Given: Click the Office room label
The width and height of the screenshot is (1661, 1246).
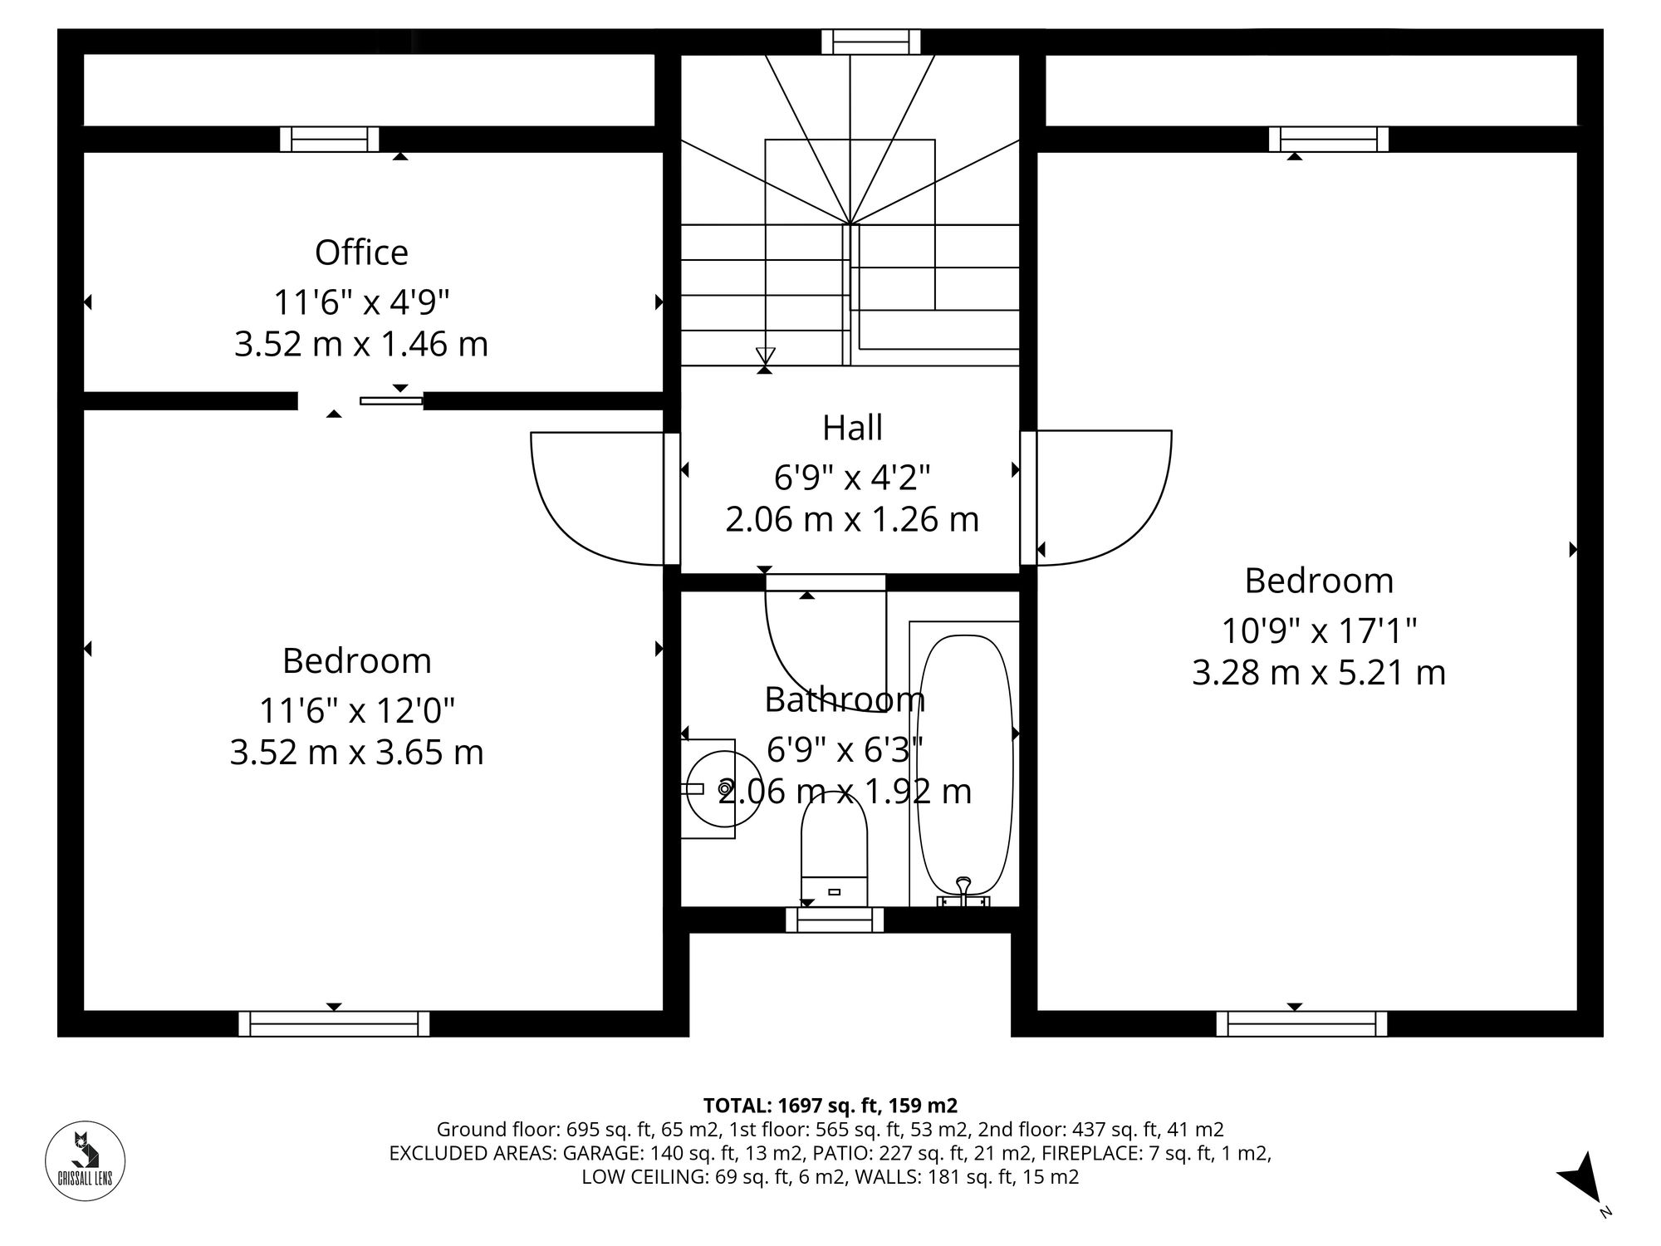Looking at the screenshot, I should [x=361, y=253].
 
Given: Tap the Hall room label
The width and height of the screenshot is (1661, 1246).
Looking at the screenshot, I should [x=852, y=428].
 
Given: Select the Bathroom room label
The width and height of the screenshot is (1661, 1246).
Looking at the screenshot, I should [x=844, y=699].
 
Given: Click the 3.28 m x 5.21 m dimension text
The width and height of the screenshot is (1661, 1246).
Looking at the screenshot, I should [x=1319, y=672].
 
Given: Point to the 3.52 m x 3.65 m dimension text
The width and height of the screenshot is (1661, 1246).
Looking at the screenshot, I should [x=356, y=753].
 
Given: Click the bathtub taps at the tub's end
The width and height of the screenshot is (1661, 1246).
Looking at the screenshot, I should [x=963, y=893].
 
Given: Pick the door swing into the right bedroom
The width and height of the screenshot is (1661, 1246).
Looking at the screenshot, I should [x=1105, y=498].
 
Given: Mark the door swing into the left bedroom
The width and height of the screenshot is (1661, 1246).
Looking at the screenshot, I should [x=594, y=498].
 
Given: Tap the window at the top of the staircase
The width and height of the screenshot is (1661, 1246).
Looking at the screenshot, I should [x=870, y=42].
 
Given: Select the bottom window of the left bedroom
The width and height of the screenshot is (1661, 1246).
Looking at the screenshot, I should [x=334, y=1023].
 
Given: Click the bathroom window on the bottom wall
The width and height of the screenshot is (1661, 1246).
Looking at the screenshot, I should [x=835, y=920].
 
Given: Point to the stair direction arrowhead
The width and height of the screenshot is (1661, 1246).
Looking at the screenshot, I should [x=765, y=356].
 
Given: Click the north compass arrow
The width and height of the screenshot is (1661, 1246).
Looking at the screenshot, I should [x=1580, y=1180].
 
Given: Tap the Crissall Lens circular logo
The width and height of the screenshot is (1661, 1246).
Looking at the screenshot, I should [x=85, y=1160].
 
